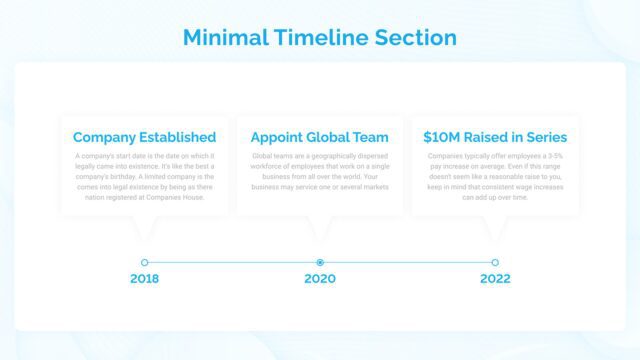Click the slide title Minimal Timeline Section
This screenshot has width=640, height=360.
[x=320, y=38]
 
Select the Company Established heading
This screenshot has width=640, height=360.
[x=144, y=137]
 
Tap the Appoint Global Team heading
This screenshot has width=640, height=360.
[x=320, y=137]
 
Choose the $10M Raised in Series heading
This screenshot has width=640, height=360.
[x=495, y=137]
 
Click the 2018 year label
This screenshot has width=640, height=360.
[x=144, y=279]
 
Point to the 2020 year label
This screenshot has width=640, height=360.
[x=320, y=279]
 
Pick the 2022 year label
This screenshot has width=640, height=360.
[x=495, y=279]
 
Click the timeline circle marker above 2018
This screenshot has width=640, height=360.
[x=145, y=262]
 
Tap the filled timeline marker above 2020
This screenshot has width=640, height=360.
[x=320, y=262]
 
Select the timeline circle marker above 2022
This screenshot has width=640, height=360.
[x=495, y=262]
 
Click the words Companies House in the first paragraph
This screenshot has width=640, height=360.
[x=175, y=198]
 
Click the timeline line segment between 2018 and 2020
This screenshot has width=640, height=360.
[x=232, y=262]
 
